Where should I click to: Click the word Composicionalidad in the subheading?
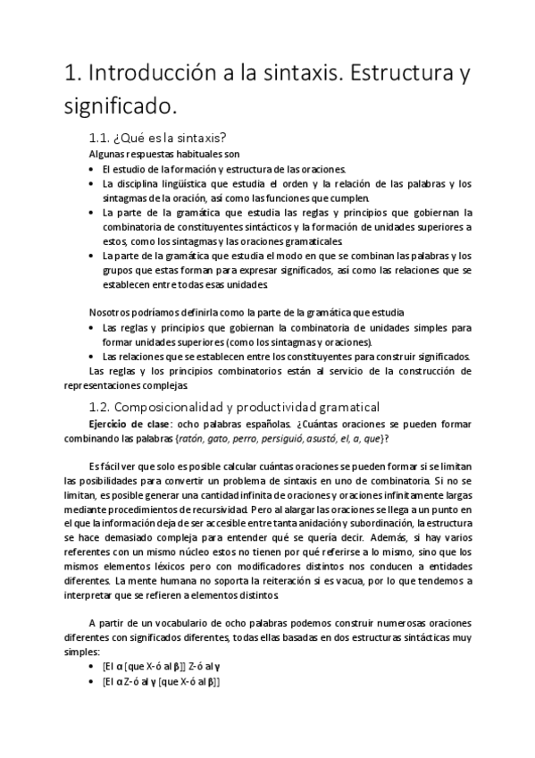click(x=184, y=407)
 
